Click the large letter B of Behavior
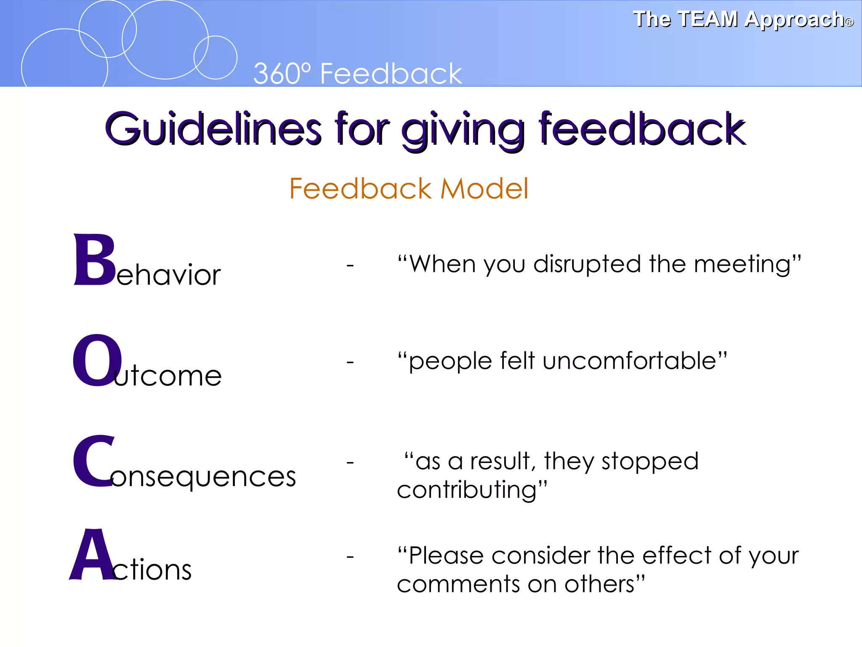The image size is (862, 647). [95, 260]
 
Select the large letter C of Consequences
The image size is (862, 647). [94, 461]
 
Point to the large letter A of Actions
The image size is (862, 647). [93, 555]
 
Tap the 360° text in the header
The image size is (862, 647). [282, 74]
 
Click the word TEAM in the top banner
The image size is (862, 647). [708, 19]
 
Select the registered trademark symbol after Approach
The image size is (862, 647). [849, 22]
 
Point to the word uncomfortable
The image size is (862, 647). [629, 361]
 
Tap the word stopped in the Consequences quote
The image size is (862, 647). [650, 462]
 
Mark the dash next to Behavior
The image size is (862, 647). [350, 265]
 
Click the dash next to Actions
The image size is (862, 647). [350, 557]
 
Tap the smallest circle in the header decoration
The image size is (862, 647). [215, 58]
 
